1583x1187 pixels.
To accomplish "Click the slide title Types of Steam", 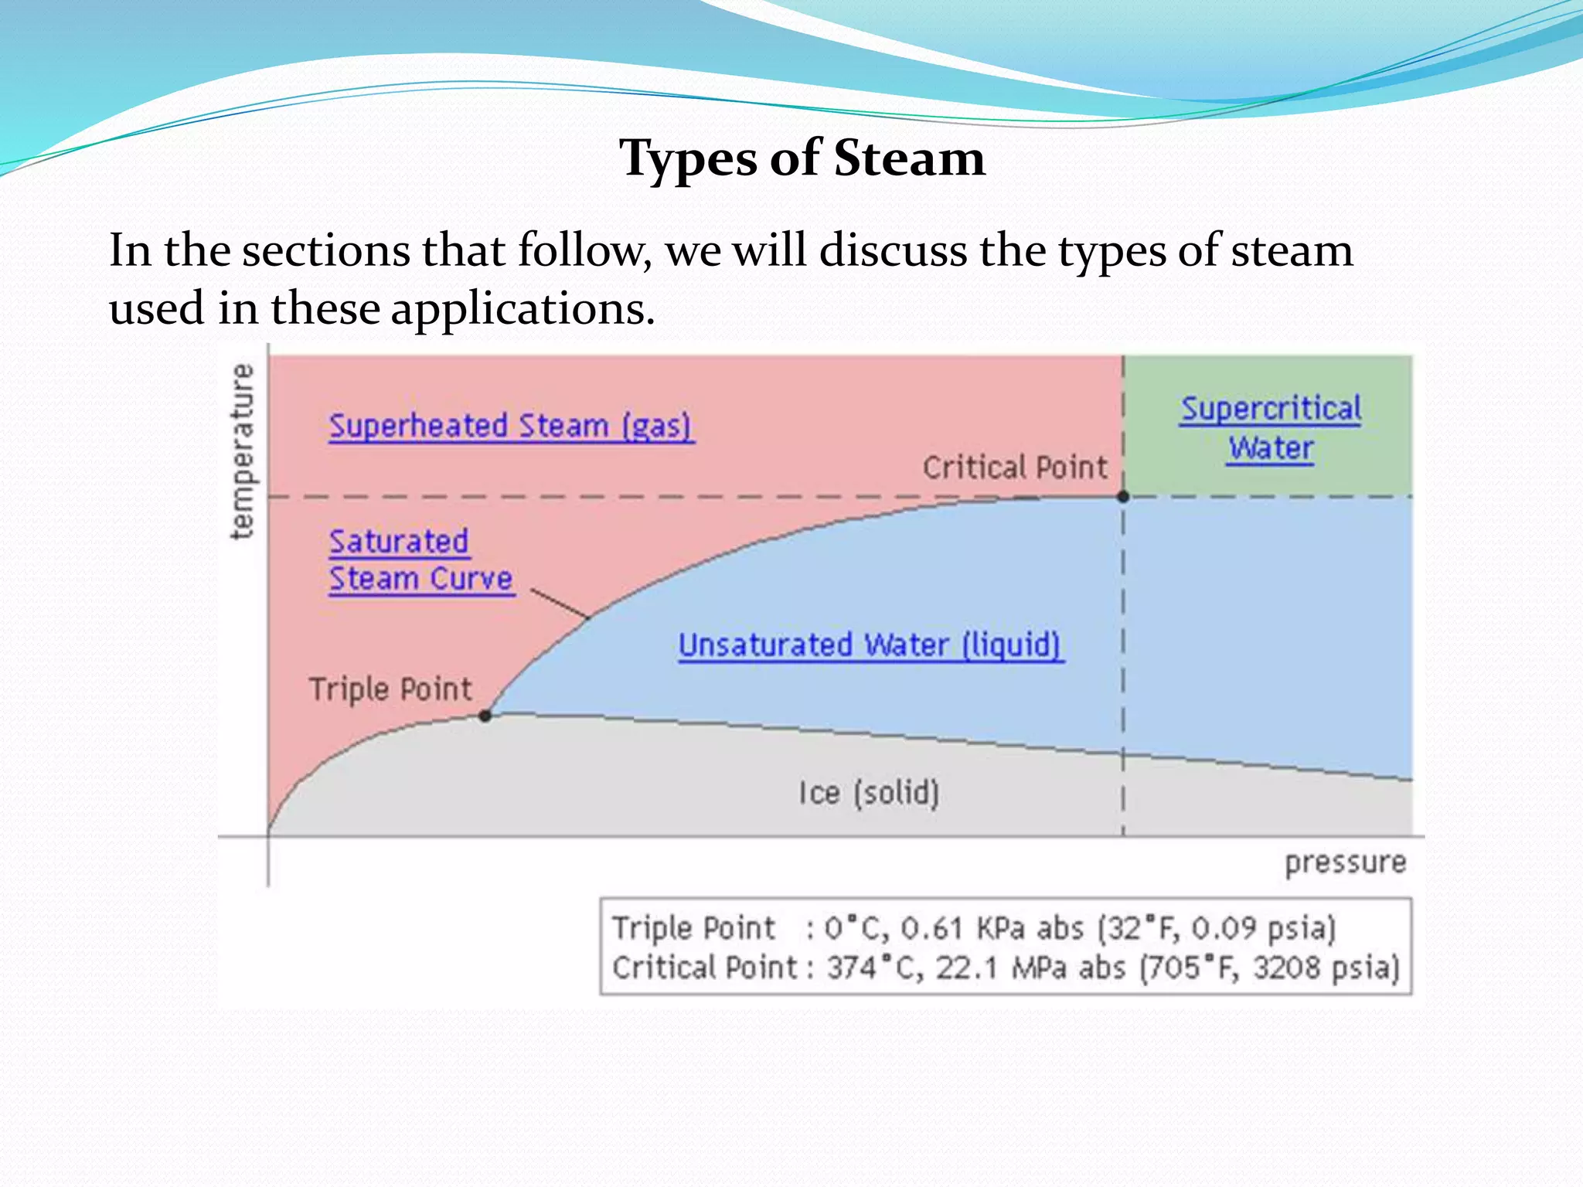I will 802,158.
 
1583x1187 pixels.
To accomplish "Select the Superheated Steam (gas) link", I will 511,426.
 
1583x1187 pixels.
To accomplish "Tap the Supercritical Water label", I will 1271,428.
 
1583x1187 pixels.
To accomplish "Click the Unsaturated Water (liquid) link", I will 870,645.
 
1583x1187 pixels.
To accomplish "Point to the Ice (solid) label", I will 869,792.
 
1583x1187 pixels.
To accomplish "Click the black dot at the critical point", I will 1123,496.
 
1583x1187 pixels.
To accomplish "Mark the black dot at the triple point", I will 485,716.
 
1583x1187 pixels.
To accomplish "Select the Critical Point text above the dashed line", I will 1015,468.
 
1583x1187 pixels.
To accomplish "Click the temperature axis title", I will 243,451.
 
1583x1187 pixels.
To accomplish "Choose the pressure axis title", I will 1345,862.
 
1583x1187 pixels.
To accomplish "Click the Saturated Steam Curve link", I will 420,560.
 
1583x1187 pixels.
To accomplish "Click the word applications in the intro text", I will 523,308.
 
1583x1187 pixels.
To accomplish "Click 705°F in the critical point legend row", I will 1192,968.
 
